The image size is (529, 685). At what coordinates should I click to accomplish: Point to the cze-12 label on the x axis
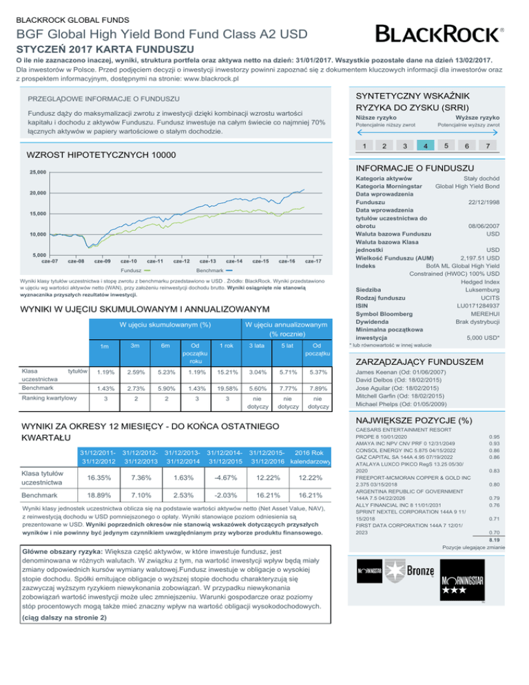click(183, 261)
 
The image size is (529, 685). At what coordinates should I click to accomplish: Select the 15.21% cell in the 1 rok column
click(225, 372)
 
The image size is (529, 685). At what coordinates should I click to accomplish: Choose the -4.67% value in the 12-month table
click(229, 479)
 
